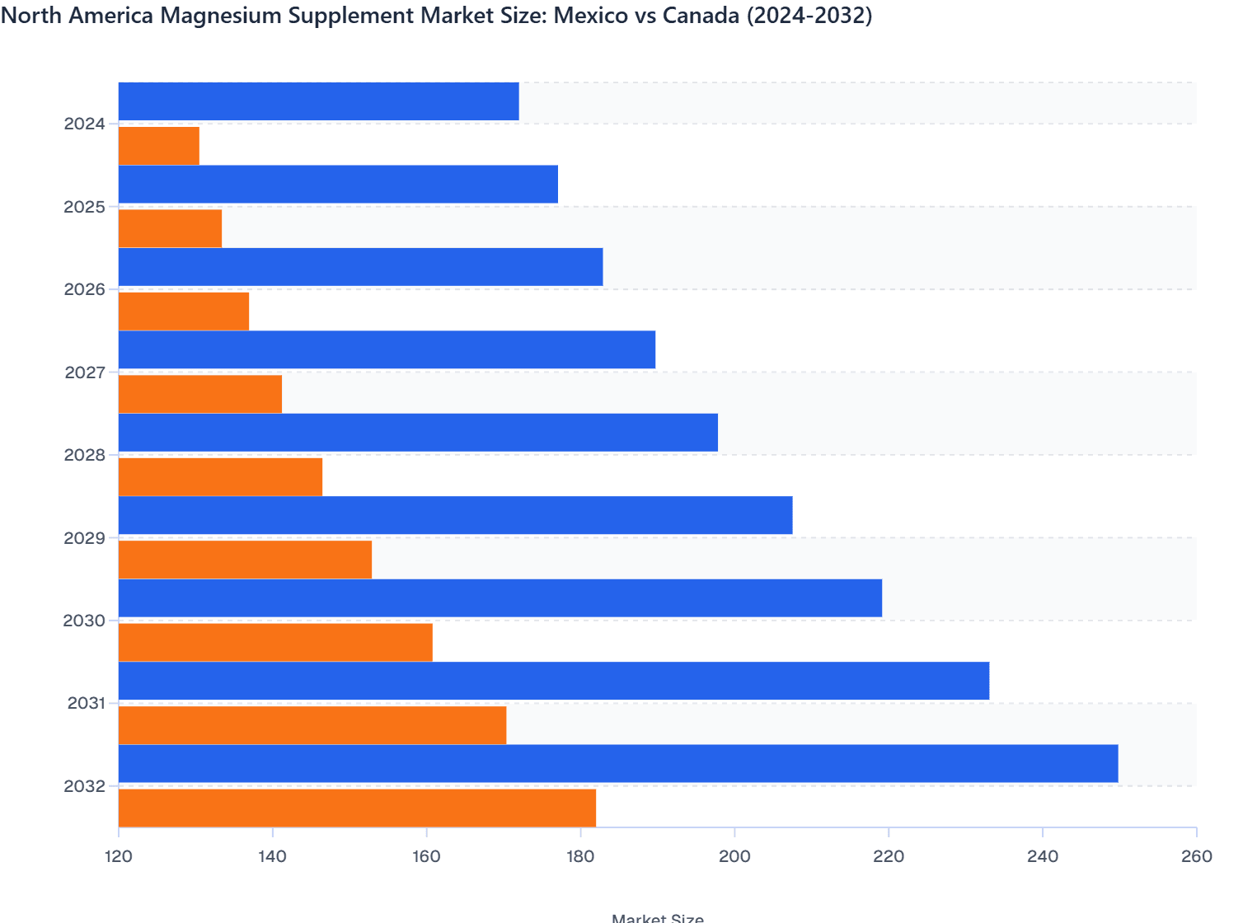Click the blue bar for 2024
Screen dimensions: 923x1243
pos(318,101)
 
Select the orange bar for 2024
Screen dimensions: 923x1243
pos(159,146)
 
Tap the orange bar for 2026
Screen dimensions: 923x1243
pos(184,312)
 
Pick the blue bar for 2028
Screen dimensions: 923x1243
pos(418,433)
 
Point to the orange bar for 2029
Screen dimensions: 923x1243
pos(245,560)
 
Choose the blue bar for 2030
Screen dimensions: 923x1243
pos(500,598)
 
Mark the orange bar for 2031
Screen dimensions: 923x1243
pos(312,725)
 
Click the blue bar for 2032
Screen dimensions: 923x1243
pos(618,764)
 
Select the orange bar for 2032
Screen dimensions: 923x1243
pos(357,808)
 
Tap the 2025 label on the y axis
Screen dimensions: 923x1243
pos(85,207)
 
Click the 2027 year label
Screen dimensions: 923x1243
pos(85,372)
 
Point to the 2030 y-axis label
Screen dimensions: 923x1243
pos(85,621)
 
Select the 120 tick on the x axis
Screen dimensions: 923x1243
pos(119,856)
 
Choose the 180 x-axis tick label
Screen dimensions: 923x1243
pos(580,856)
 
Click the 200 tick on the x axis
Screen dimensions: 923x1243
pos(734,856)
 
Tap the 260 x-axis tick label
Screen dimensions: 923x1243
pos(1196,856)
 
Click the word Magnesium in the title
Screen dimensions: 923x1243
pos(208,16)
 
